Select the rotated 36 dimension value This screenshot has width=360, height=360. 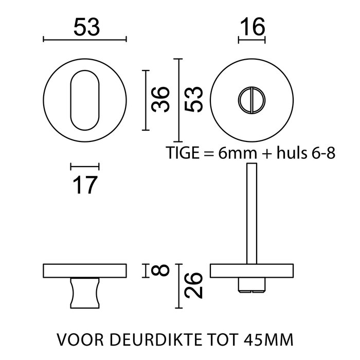(160, 99)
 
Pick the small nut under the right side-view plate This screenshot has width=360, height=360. (251, 285)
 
